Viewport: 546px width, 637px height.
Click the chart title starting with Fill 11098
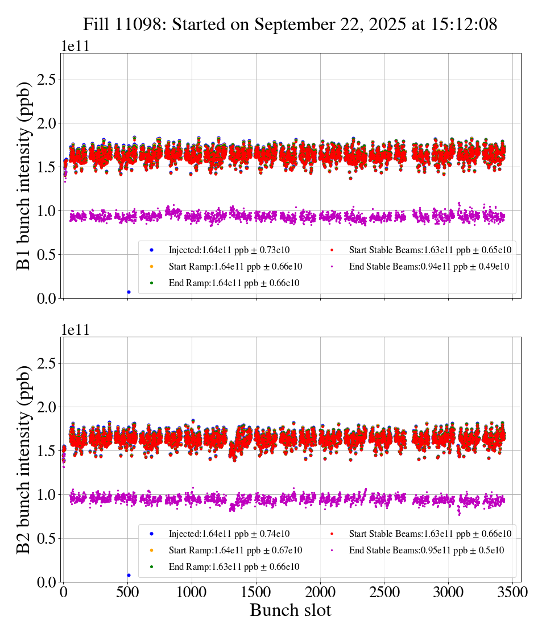click(290, 24)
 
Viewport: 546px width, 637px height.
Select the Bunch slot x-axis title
click(290, 611)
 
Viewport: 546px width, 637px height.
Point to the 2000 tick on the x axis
click(320, 591)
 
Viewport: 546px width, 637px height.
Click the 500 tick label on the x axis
click(127, 591)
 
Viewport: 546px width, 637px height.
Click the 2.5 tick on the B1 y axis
click(49, 79)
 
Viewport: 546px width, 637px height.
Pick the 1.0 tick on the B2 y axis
click(49, 495)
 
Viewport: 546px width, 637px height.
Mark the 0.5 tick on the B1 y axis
click(49, 254)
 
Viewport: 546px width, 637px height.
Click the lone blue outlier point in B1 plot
click(129, 292)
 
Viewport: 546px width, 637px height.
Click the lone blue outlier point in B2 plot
click(129, 575)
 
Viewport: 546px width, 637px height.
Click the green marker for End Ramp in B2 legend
click(152, 567)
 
